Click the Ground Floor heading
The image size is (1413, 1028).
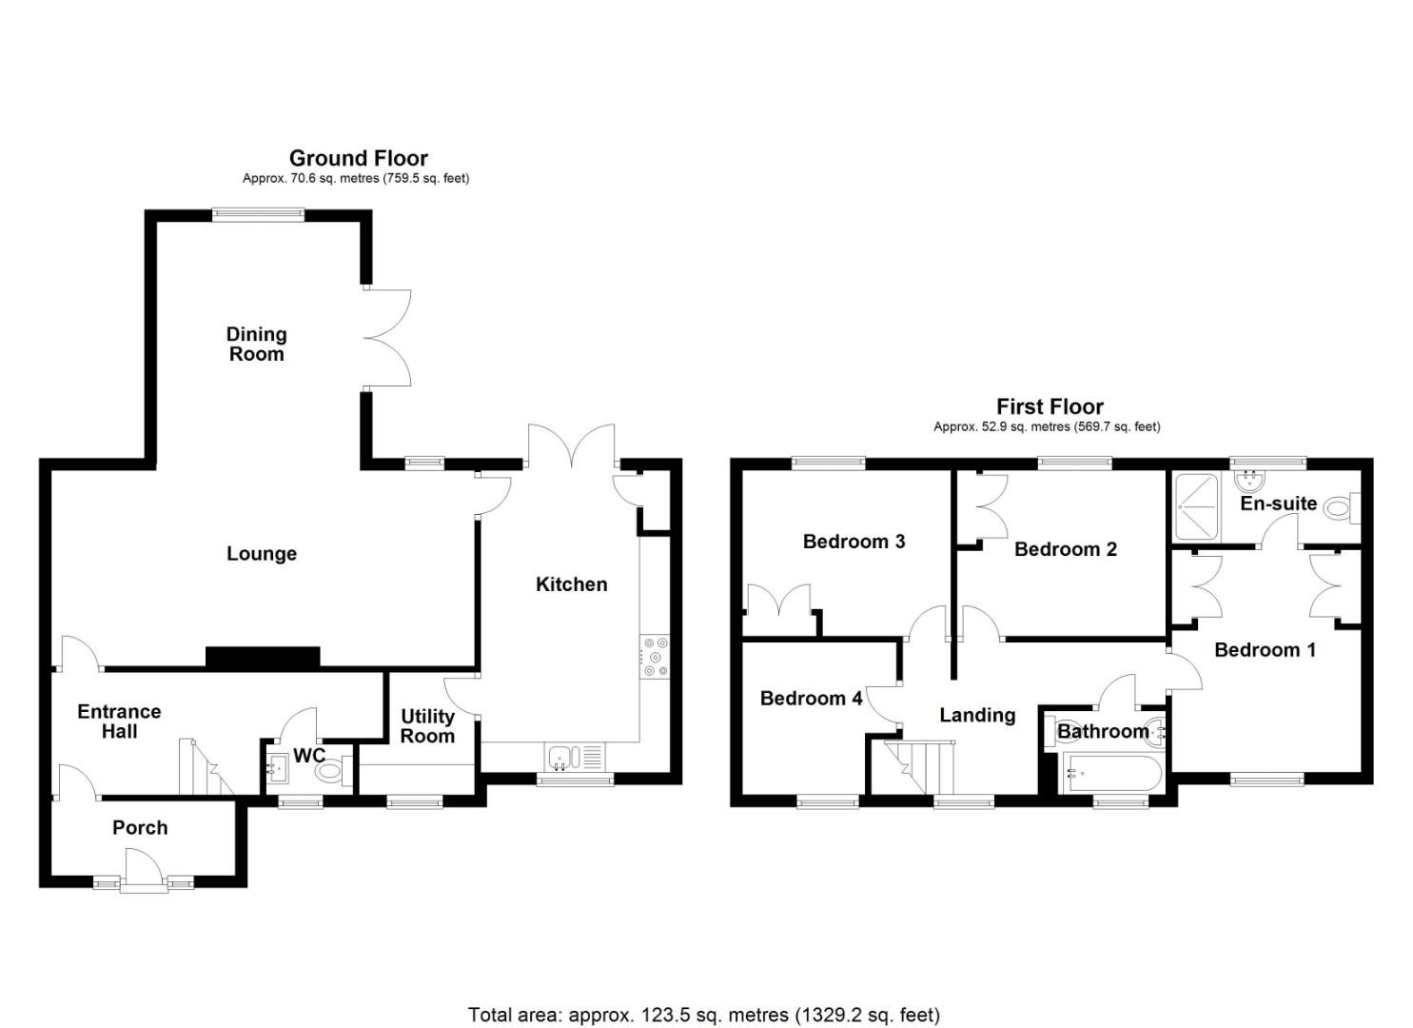pyautogui.click(x=359, y=158)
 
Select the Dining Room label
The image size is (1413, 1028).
pyautogui.click(x=256, y=344)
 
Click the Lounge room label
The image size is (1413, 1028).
pyautogui.click(x=261, y=553)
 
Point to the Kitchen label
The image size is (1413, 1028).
pyautogui.click(x=572, y=584)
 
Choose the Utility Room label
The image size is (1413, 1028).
pyautogui.click(x=427, y=725)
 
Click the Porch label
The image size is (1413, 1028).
pyautogui.click(x=140, y=827)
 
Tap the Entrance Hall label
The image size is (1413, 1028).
pyautogui.click(x=119, y=722)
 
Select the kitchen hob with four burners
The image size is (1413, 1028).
pyautogui.click(x=654, y=657)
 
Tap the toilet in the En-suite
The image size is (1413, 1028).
pyautogui.click(x=1341, y=506)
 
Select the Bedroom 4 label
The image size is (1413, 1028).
pyautogui.click(x=812, y=698)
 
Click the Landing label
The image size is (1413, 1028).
pyautogui.click(x=978, y=715)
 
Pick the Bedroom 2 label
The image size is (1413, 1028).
pyautogui.click(x=1066, y=549)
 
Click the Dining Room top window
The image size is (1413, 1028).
pyautogui.click(x=258, y=215)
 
